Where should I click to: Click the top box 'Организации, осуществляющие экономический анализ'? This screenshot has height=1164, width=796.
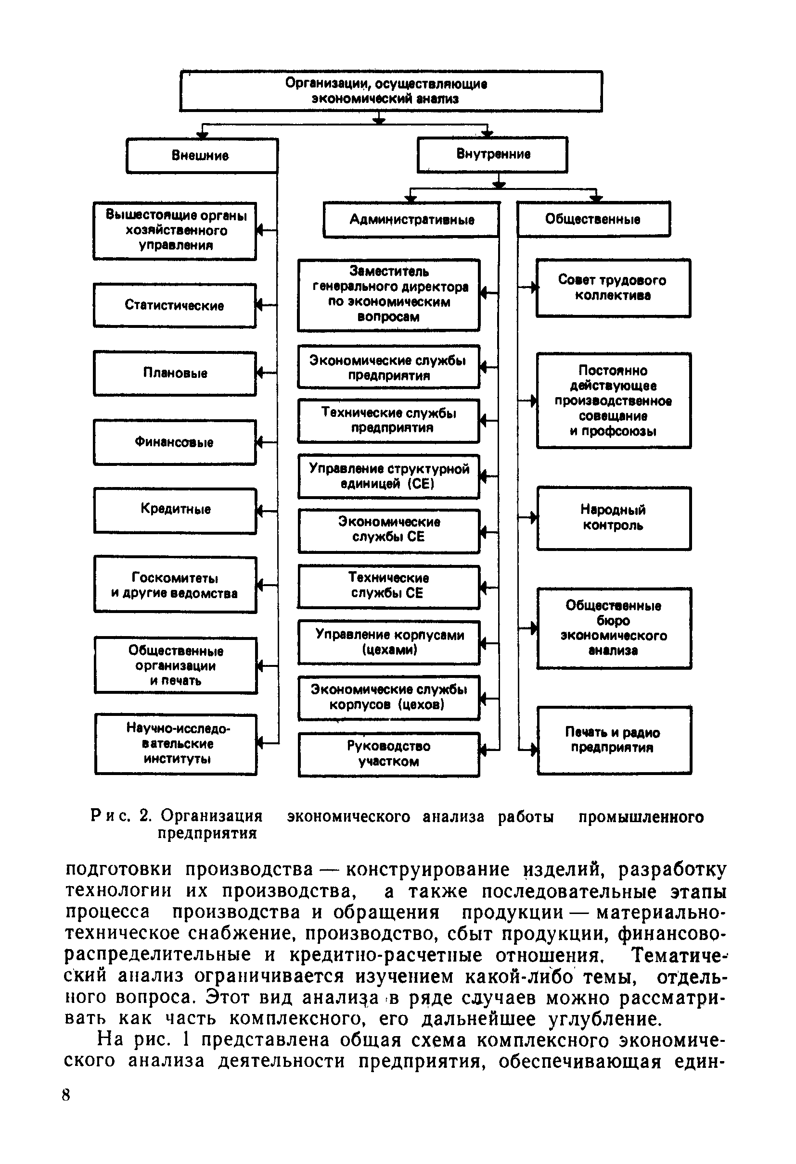(x=390, y=91)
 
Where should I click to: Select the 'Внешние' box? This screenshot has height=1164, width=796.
(x=202, y=156)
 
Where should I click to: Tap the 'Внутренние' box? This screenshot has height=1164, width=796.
(x=492, y=154)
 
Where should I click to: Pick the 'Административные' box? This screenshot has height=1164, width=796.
(x=411, y=219)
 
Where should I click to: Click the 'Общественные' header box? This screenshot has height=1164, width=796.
(x=593, y=219)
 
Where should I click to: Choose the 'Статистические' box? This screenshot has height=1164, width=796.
(x=174, y=305)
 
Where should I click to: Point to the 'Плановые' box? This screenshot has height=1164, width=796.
(x=174, y=373)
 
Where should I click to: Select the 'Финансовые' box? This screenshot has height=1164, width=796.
(x=174, y=442)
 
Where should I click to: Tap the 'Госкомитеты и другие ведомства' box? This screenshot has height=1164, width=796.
(x=175, y=585)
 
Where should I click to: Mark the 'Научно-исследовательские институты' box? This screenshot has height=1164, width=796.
(x=176, y=744)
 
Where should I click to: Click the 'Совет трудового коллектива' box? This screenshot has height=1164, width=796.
(x=613, y=288)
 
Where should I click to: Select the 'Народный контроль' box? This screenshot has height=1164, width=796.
(x=614, y=518)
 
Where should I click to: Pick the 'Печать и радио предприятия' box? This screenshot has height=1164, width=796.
(x=614, y=740)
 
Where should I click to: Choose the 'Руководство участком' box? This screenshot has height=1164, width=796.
(x=388, y=754)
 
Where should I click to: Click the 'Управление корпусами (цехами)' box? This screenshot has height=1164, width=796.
(x=388, y=642)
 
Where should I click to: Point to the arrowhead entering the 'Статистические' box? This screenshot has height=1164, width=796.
(x=259, y=305)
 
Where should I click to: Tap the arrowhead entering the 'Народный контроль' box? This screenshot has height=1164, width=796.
(x=534, y=517)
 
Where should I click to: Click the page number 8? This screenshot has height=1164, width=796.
(x=66, y=1095)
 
